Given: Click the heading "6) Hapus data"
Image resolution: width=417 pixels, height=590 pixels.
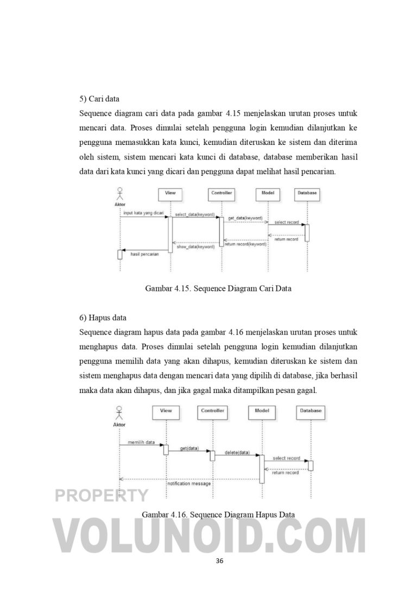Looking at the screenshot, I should [102, 318].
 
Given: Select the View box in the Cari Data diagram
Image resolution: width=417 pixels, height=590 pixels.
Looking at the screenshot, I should [170, 193].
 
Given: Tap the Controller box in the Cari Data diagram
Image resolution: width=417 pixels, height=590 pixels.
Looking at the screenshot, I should [222, 193].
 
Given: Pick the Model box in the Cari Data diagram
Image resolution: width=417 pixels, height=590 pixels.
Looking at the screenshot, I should [268, 193].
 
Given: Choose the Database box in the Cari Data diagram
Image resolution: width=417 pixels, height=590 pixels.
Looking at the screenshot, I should [307, 193].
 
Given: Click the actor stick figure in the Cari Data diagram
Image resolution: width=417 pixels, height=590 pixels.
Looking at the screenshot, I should [120, 194].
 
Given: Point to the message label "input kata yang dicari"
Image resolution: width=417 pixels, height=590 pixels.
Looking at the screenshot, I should [143, 213].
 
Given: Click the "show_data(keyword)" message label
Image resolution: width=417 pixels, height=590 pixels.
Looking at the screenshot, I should [195, 246].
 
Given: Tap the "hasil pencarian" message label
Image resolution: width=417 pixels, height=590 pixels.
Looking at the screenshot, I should [144, 254].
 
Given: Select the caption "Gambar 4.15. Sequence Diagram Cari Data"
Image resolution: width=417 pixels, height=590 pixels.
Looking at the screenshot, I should [218, 289].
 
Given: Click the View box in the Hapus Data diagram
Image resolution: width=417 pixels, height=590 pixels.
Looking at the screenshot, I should [166, 411].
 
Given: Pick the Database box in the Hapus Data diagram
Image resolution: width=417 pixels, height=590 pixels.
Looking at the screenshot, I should [311, 411].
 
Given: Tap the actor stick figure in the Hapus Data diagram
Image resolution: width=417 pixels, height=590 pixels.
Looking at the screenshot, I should [119, 412].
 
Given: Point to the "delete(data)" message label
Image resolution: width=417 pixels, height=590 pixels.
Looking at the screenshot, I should [237, 453].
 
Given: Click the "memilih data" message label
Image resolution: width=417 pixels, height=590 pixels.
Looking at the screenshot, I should [141, 442].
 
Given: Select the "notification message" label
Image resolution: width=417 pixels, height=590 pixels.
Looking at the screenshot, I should [189, 483].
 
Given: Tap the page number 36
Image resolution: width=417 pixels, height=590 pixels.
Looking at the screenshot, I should [219, 561].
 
